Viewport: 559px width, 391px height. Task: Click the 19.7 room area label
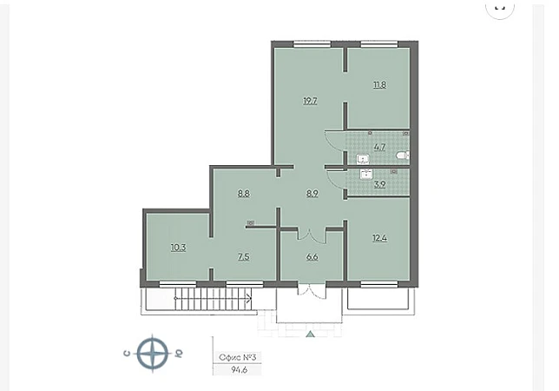point(310,101)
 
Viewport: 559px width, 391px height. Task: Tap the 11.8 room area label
point(379,85)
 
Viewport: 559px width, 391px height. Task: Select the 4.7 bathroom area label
point(379,147)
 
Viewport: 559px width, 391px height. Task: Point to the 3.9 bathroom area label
point(379,185)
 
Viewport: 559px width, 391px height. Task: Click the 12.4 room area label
point(379,237)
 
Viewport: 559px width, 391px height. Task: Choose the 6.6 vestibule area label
point(312,257)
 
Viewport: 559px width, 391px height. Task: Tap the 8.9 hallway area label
point(312,194)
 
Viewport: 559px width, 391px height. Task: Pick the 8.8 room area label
point(244,194)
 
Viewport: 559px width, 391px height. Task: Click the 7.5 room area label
point(244,257)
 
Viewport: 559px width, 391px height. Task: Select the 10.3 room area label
point(178,248)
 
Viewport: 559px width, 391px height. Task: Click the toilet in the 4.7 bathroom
point(403,156)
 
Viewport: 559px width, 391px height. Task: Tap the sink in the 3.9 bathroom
point(366,175)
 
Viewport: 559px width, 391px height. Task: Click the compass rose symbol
point(153,354)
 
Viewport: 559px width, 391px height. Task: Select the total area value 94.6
point(239,369)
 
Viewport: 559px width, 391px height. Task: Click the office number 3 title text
point(238,357)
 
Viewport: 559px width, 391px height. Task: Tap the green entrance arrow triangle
point(310,335)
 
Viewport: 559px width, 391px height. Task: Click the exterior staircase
point(214,299)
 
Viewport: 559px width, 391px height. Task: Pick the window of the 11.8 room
point(379,44)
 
